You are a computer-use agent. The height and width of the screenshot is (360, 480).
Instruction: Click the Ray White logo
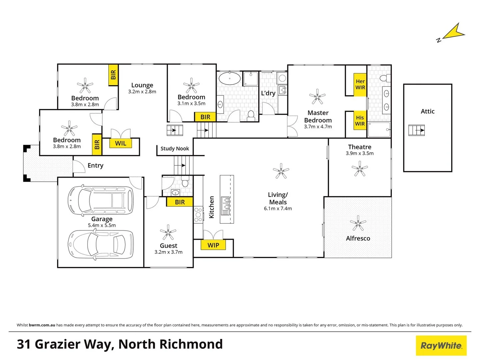click(x=441, y=346)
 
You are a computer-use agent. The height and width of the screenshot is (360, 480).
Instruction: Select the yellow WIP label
click(x=213, y=245)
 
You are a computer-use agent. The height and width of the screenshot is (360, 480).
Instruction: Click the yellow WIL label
click(x=121, y=143)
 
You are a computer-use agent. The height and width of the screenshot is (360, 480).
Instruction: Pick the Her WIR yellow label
click(x=360, y=85)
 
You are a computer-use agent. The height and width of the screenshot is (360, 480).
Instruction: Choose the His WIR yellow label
click(x=360, y=121)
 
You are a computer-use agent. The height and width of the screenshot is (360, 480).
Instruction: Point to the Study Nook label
click(x=175, y=149)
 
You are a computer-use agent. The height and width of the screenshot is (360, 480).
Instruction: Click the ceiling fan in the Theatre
click(x=360, y=168)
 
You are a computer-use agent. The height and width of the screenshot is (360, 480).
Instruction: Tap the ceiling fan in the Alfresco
click(x=358, y=223)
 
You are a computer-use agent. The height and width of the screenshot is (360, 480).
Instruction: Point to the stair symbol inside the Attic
click(x=417, y=130)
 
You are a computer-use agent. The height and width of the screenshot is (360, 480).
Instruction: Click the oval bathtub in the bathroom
click(x=229, y=79)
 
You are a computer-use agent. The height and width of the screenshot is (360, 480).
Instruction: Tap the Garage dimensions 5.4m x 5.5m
click(x=102, y=225)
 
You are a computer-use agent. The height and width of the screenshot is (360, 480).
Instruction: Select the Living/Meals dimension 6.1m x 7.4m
click(x=278, y=209)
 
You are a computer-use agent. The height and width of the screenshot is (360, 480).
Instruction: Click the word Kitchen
click(x=211, y=207)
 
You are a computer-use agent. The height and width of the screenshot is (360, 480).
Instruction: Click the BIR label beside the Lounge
click(x=113, y=75)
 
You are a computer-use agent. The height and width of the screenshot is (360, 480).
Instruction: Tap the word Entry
click(x=95, y=166)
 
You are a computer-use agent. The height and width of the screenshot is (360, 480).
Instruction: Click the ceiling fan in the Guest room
click(x=168, y=232)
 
